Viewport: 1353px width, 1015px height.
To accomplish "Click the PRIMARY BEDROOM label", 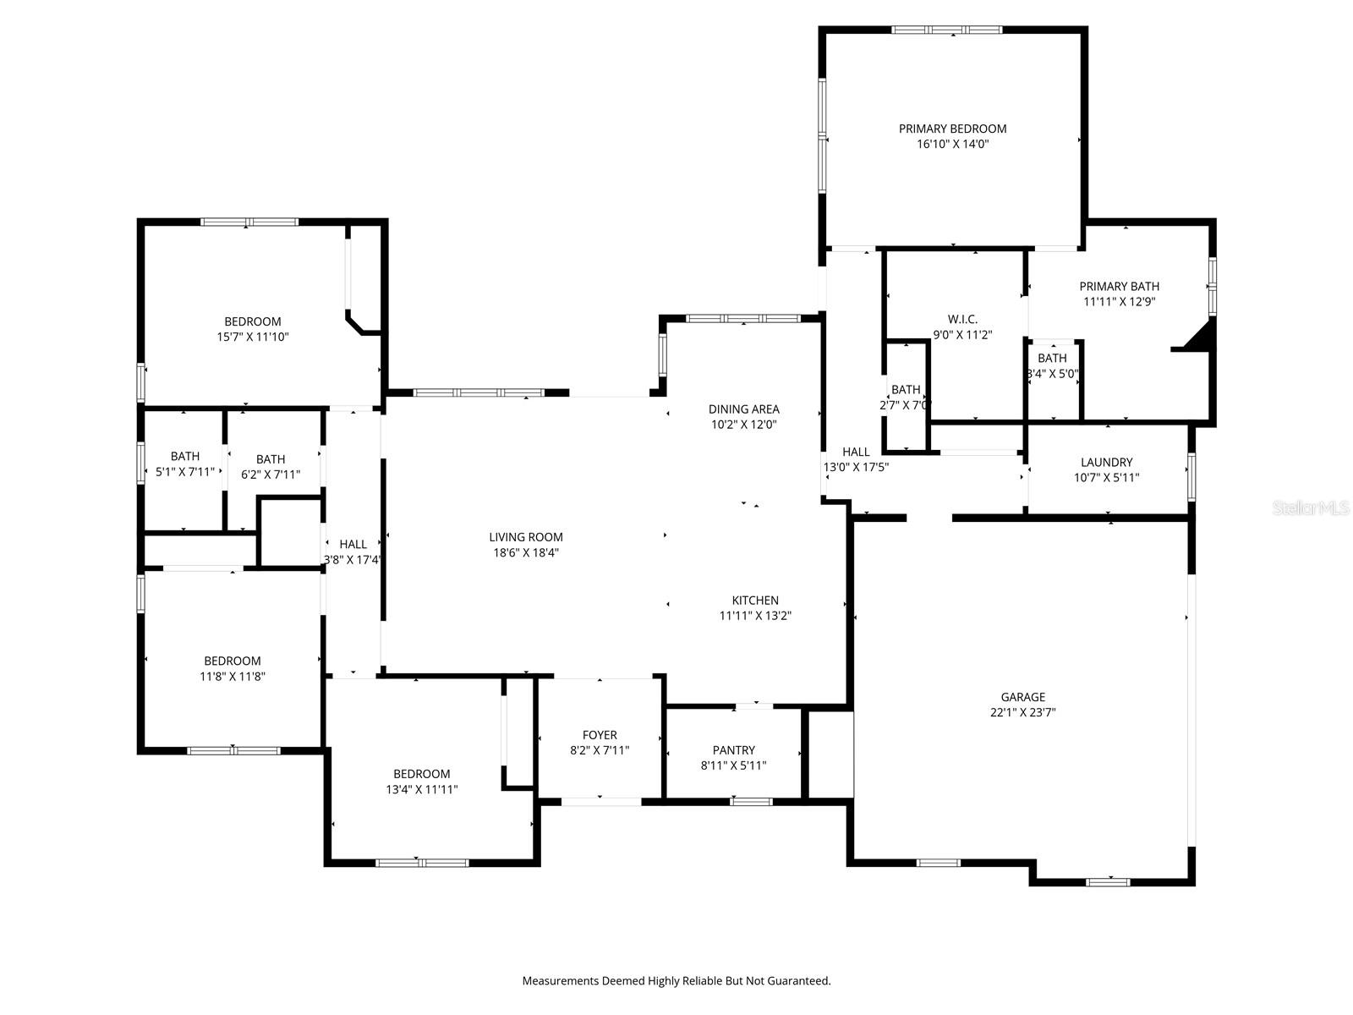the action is pos(952,129).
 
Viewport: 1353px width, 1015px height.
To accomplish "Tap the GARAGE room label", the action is pos(1022,697).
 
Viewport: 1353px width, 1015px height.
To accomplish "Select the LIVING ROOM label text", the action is pos(526,537).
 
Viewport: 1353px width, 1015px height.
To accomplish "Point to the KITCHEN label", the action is pos(755,601).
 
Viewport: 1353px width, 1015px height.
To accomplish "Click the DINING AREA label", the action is pos(744,409).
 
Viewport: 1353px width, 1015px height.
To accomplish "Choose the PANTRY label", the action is pos(733,750).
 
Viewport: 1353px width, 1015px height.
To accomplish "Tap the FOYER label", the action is pos(600,734).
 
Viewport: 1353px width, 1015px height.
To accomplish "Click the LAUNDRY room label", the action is pos(1106,462).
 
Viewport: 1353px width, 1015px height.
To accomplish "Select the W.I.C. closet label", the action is pos(962,319).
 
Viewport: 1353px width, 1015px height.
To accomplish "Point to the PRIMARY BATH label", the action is pos(1120,287).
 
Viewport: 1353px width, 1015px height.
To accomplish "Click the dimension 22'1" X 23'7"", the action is pos(1022,712).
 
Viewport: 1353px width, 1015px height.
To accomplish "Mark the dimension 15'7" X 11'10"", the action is pos(253,337).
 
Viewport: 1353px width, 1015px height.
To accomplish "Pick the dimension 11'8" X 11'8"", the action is pos(233,676).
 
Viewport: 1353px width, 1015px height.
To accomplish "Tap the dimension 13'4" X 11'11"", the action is pos(422,789).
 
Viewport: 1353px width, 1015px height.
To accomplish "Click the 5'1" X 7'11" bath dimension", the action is pos(185,472).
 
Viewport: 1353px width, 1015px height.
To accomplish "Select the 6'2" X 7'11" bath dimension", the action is pos(271,475).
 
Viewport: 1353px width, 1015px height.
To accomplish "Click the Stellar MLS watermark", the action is pos(1311,507).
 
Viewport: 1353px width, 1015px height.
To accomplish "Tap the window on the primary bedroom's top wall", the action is pos(947,30).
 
